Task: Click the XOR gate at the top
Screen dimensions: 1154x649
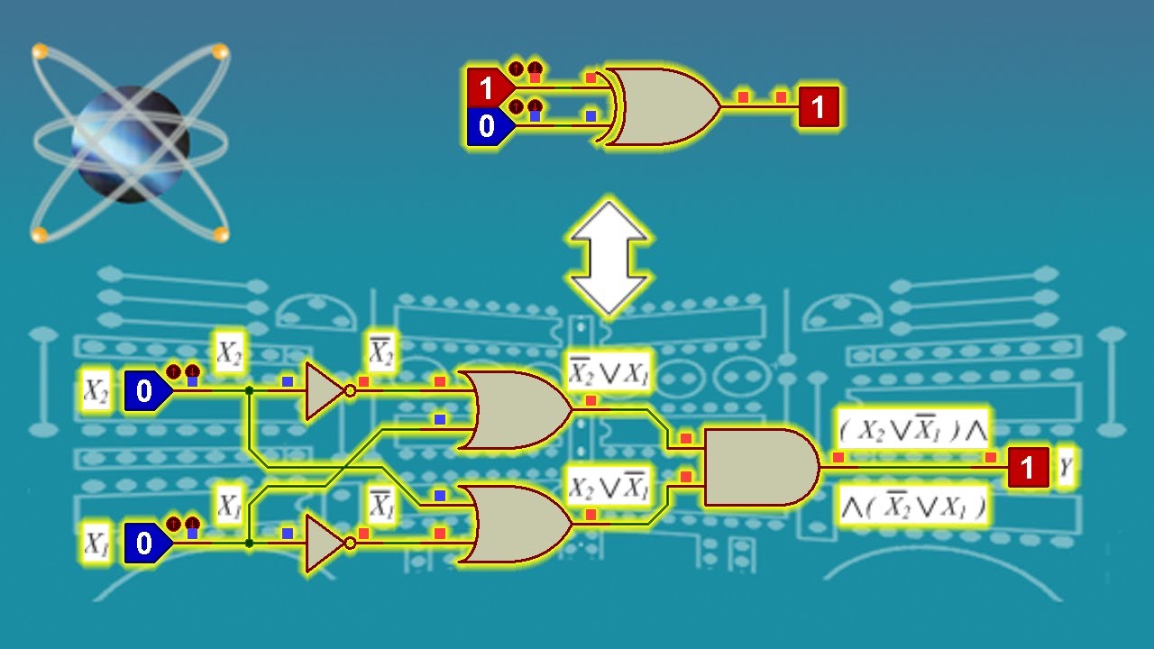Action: coord(662,106)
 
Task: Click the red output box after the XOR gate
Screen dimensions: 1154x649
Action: coord(819,106)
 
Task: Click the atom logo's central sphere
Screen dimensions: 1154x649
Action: coord(131,144)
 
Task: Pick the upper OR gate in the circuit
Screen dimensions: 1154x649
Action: coord(515,410)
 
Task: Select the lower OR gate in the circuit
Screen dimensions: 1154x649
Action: coord(515,524)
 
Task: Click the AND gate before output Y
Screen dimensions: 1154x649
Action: coord(762,467)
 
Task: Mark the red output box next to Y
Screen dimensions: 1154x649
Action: coord(1029,467)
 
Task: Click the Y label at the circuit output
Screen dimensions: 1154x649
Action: coord(1066,467)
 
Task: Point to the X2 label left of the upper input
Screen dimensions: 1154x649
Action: coord(96,391)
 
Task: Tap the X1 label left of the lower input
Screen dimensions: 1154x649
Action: coord(96,543)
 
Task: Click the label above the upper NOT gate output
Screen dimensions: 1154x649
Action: coord(381,352)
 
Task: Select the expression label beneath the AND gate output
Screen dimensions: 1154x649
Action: coord(913,506)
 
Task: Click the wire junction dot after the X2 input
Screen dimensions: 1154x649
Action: coord(250,391)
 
